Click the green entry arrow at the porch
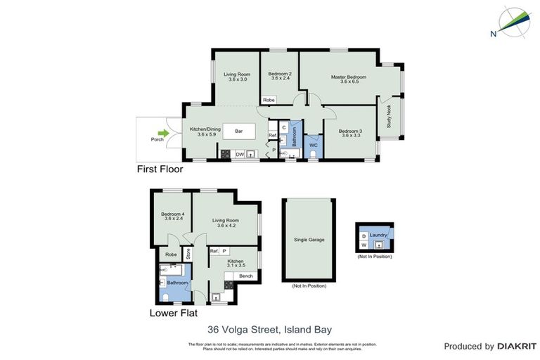click(163, 133)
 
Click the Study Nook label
click(389, 120)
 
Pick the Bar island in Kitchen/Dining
click(238, 131)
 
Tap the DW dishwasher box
click(239, 154)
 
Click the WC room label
click(314, 146)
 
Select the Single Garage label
click(309, 240)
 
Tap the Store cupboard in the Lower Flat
click(188, 254)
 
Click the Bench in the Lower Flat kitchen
click(245, 276)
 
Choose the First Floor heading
click(160, 169)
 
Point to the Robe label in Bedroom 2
click(269, 100)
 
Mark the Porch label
click(157, 139)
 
